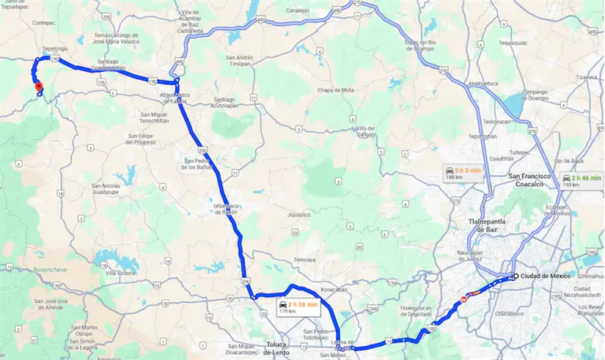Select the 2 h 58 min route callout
pyautogui.click(x=298, y=306)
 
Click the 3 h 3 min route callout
pyautogui.click(x=463, y=173)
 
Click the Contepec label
pyautogui.click(x=45, y=23)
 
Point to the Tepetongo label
pyautogui.click(x=55, y=48)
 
